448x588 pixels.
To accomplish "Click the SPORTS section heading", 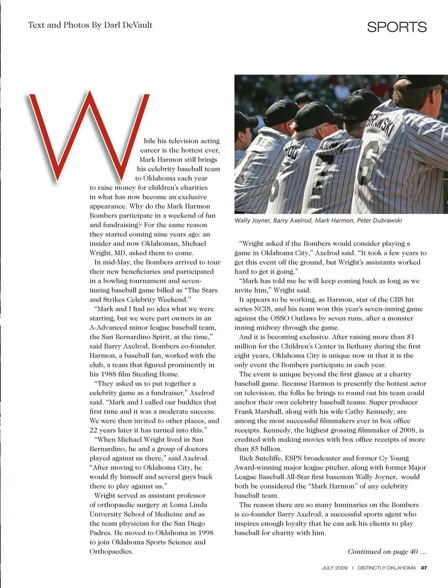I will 397,27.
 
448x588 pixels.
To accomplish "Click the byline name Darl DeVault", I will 128,25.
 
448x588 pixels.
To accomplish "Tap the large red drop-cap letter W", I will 86,135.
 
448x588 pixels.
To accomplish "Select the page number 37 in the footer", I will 424,568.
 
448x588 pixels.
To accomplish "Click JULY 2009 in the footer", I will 335,568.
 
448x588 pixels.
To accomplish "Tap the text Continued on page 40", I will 387,552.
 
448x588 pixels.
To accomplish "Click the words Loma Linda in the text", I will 187,505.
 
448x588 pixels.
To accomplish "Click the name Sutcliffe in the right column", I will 267,458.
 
